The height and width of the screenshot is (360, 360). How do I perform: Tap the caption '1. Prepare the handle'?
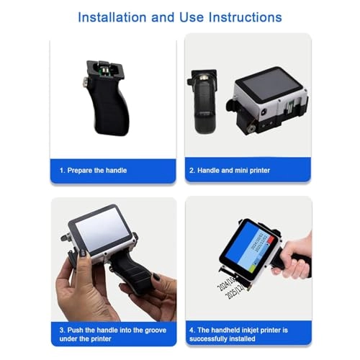coord(93,171)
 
